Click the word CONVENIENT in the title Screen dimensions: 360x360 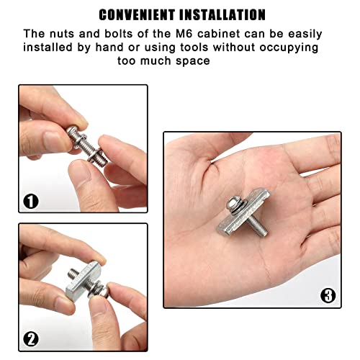[x=136, y=14]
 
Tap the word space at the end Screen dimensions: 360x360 [x=193, y=61]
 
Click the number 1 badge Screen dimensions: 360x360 [x=31, y=201]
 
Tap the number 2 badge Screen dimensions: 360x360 [x=31, y=338]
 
